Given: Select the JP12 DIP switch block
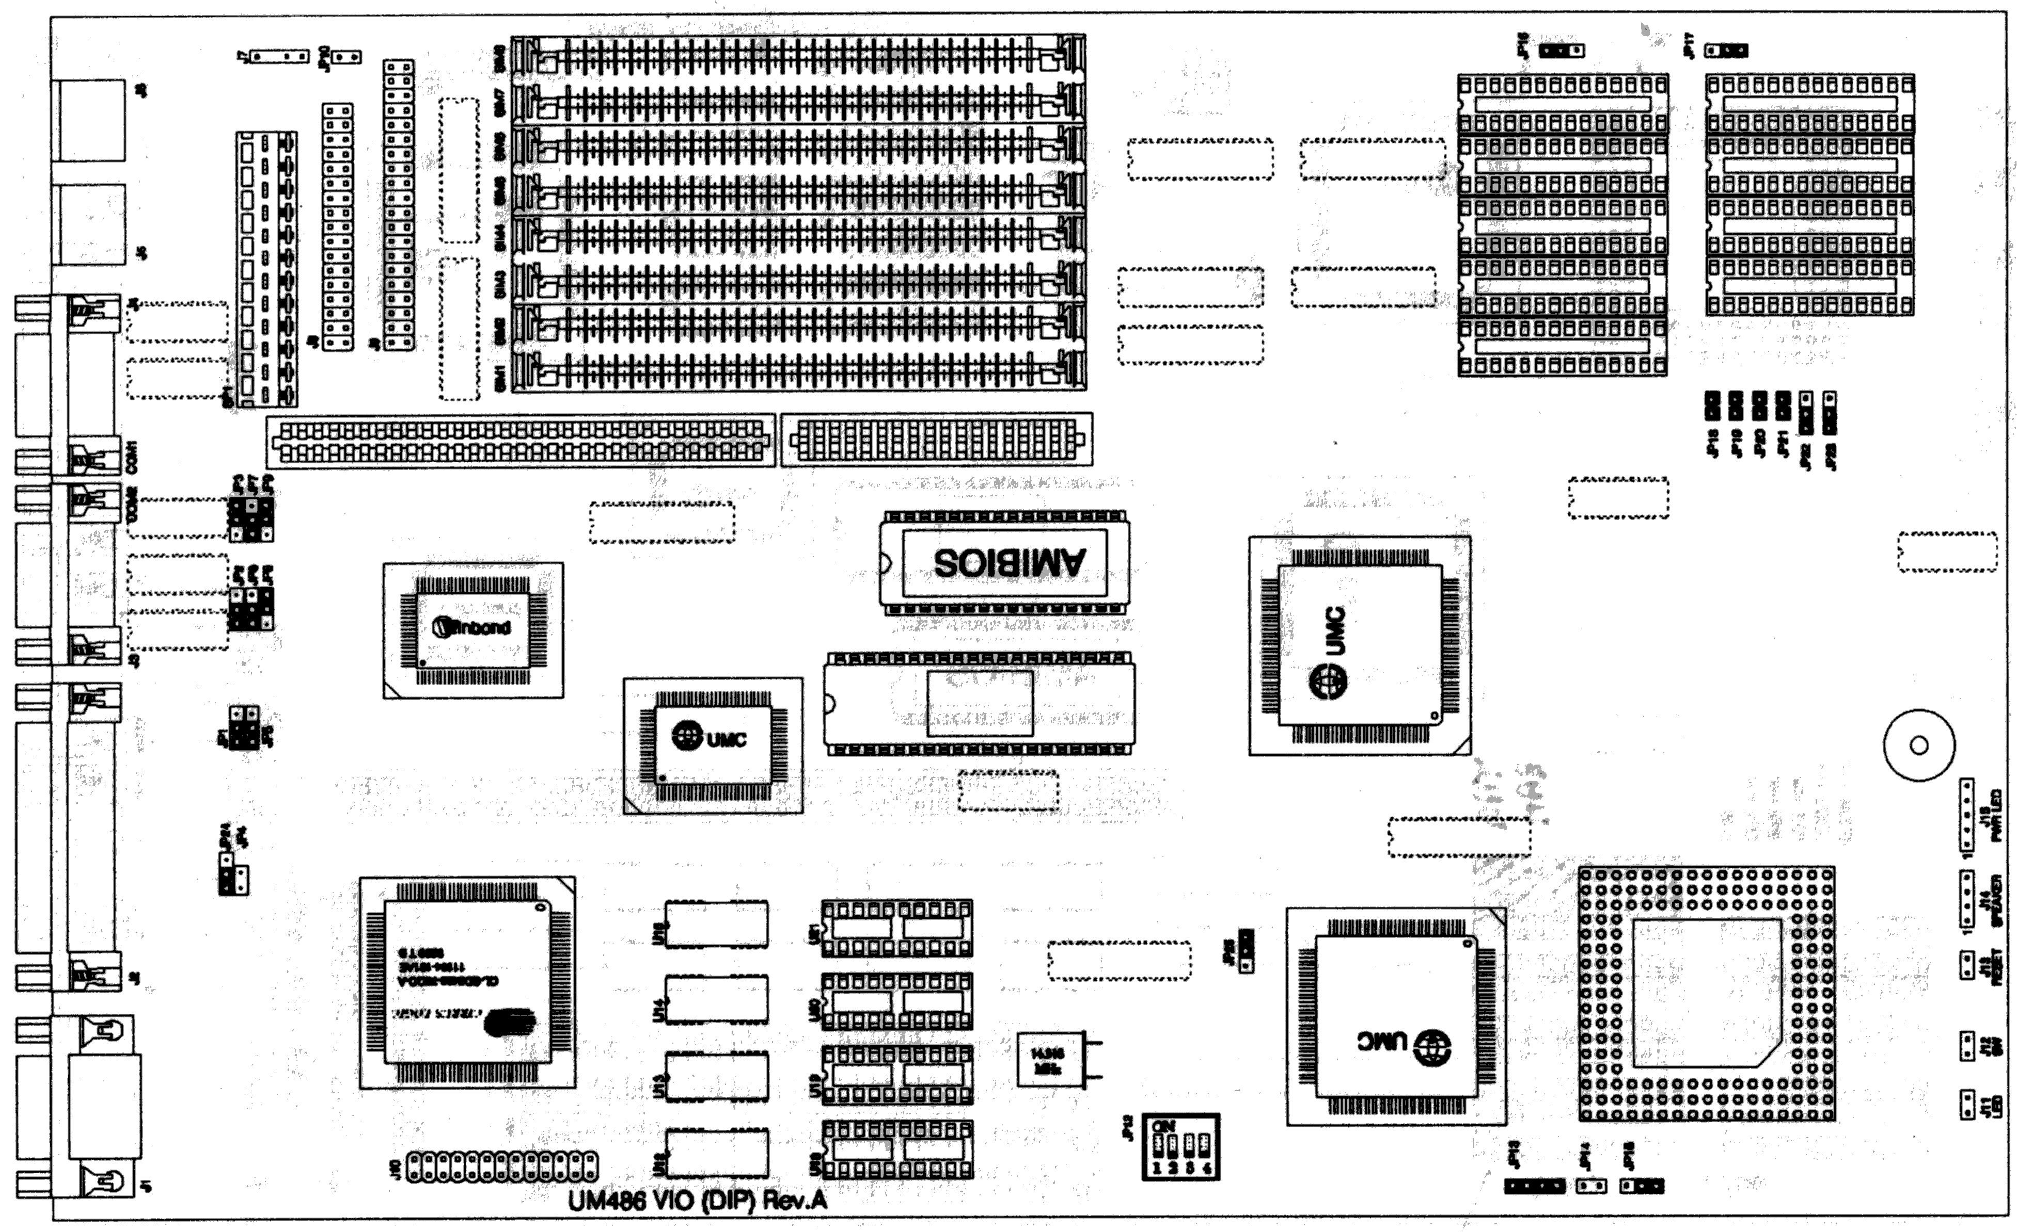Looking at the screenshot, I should point(1180,1147).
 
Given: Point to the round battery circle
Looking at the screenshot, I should point(1919,745).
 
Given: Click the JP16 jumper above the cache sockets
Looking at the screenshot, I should point(1561,51).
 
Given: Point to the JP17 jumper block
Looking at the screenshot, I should point(1726,51).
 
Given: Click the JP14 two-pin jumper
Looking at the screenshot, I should point(1590,1186).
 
